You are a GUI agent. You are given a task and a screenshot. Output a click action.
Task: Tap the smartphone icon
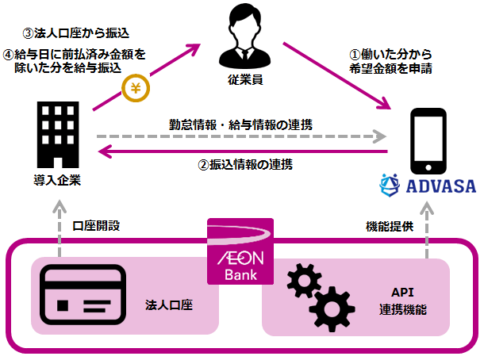(428, 143)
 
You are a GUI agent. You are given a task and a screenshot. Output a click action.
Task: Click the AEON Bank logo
(240, 251)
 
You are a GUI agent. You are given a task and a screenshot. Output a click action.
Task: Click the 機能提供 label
(384, 225)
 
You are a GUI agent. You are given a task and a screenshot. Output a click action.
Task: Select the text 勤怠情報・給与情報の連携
(240, 124)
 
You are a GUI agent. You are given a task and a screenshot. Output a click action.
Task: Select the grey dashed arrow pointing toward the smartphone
(238, 138)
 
